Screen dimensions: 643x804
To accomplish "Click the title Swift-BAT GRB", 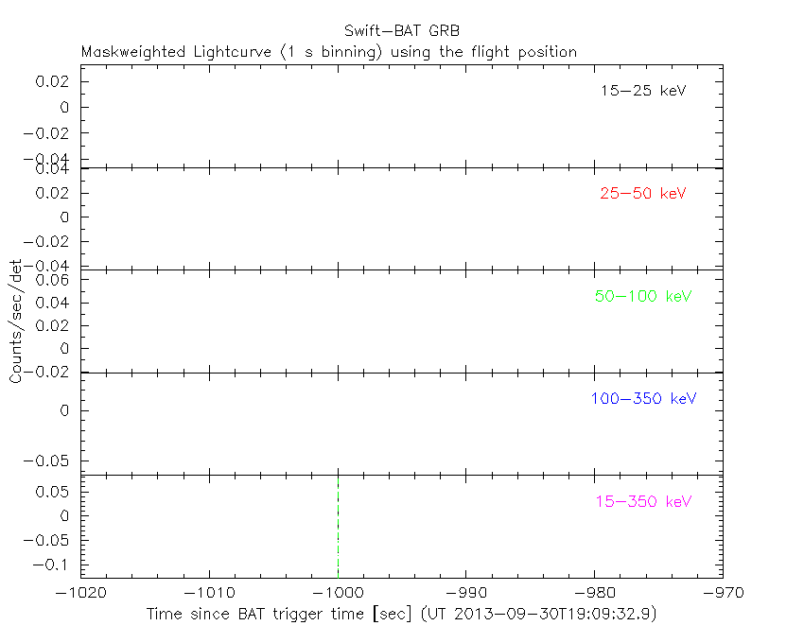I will coord(401,30).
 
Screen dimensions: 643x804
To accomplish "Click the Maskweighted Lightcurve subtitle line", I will coord(329,52).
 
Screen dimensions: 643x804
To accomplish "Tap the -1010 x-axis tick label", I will coord(209,593).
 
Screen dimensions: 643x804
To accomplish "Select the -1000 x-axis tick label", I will coord(338,593).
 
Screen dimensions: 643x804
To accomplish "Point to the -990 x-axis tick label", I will coord(465,593).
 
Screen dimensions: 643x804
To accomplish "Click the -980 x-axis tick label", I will coord(594,593).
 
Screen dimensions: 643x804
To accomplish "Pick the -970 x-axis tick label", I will coord(722,593).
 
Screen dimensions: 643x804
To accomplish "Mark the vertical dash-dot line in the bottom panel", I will coord(338,525).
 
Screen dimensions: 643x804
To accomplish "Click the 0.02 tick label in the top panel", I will coord(53,82).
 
